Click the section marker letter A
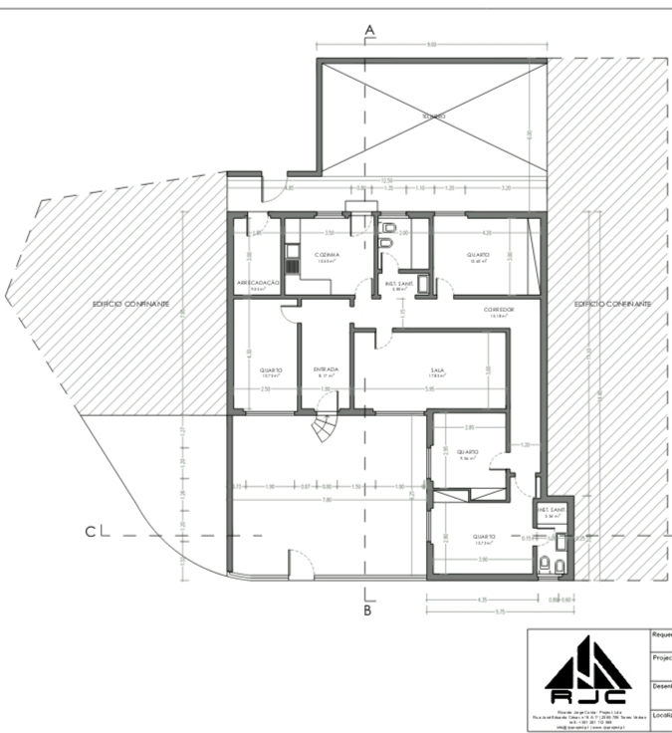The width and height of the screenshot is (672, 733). (x=369, y=31)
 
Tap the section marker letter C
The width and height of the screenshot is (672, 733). (x=91, y=532)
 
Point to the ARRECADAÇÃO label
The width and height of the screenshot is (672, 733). (x=258, y=284)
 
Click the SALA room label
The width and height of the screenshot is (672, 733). (x=437, y=369)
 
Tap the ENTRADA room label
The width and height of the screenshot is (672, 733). (x=327, y=369)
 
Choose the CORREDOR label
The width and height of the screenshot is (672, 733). (x=499, y=310)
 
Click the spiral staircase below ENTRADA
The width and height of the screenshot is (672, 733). (x=324, y=429)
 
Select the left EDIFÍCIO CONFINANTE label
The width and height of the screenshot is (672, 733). (x=130, y=303)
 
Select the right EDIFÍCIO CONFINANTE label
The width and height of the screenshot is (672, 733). (x=611, y=303)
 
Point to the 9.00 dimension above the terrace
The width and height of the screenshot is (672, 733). (x=432, y=45)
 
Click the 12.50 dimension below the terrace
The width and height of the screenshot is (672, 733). (x=370, y=180)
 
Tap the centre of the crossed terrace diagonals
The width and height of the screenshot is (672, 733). (x=432, y=117)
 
